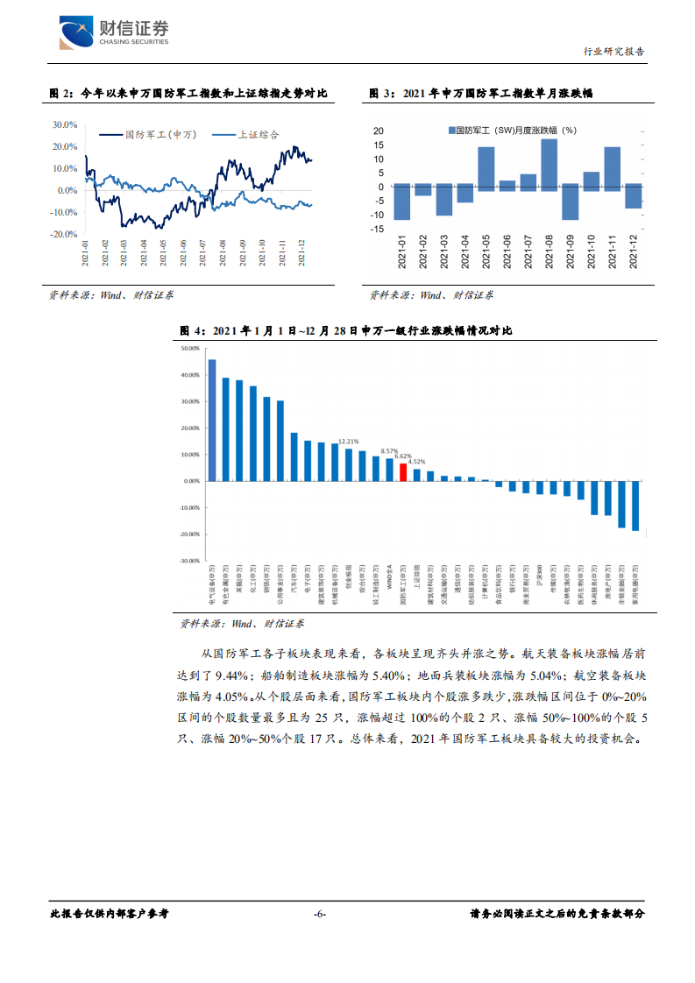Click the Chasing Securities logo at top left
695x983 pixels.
(113, 34)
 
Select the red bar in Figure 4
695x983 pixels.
(403, 471)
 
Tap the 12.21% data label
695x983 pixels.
(349, 441)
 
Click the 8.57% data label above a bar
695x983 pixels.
(389, 450)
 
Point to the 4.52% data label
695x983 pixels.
(417, 462)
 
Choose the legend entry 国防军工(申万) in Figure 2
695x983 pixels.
(149, 134)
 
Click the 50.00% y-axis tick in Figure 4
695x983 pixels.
(190, 348)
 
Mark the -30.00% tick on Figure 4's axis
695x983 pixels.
(189, 561)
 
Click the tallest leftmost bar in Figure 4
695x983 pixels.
(212, 420)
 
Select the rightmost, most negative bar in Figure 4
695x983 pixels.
(635, 506)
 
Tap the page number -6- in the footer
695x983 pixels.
(319, 914)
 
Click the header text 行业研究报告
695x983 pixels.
(614, 52)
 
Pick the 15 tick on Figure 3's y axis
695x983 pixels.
(379, 145)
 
